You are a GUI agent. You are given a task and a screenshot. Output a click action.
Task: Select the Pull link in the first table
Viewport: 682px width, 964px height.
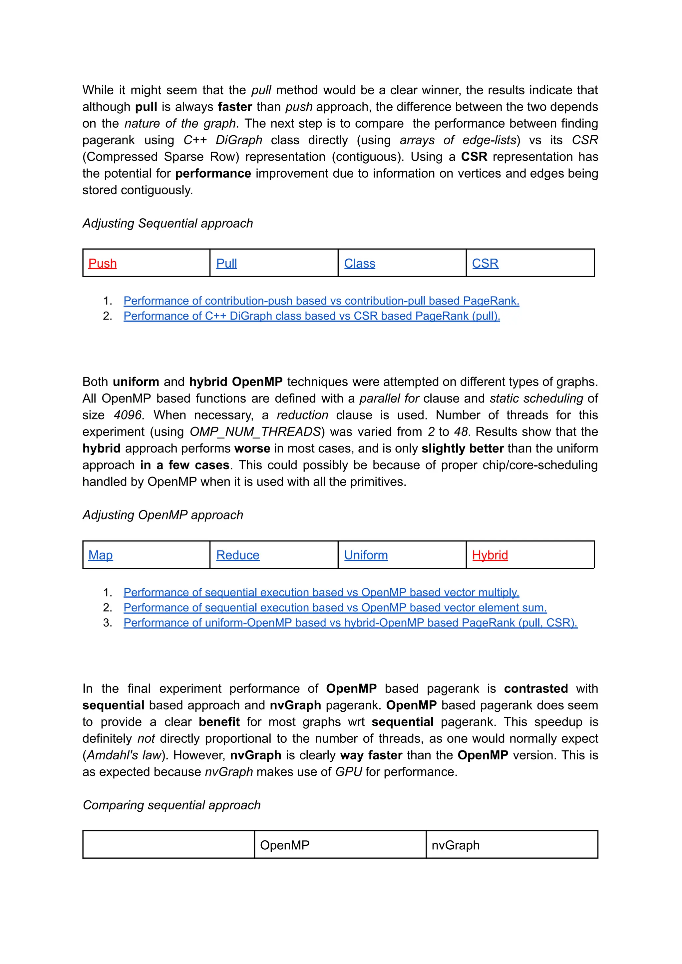226,264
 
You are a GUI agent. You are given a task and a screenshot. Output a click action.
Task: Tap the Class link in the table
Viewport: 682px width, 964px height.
359,264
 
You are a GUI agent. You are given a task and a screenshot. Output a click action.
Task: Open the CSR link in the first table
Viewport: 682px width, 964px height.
485,264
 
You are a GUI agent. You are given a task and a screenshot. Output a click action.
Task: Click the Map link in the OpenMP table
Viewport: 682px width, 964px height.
100,555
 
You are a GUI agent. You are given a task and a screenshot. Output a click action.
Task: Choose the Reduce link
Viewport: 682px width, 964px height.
238,555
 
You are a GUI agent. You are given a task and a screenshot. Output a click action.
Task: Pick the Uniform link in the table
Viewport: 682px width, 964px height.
366,555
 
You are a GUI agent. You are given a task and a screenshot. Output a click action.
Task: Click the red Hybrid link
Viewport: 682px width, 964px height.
490,555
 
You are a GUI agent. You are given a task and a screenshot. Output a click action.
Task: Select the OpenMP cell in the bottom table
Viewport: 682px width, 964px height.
285,845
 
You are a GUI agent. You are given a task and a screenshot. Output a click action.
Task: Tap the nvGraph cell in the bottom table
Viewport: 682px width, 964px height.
455,845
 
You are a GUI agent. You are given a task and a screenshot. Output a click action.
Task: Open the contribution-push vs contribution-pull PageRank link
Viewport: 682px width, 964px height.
321,301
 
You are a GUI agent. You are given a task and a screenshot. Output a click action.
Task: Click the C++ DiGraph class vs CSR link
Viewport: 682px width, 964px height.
312,316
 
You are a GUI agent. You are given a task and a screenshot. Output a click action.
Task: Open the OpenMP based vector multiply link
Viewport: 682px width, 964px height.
321,592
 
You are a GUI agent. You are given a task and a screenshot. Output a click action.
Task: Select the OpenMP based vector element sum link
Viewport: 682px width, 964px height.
335,608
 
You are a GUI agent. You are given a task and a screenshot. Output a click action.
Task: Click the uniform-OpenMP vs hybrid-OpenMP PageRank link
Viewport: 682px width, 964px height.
350,623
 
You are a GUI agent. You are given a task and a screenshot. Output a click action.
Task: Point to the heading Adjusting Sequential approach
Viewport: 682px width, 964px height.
168,223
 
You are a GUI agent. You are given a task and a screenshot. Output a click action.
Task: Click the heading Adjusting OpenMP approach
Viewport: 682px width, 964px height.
163,515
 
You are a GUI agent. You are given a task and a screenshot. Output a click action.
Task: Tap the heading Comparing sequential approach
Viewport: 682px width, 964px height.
171,805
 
